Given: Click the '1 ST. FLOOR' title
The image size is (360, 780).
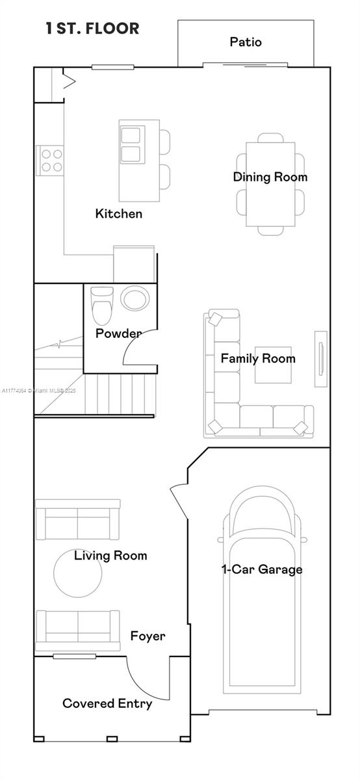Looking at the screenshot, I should tap(92, 29).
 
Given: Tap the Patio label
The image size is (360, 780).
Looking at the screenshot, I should tap(246, 42).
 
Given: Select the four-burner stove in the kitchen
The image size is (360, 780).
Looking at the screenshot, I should tap(52, 160).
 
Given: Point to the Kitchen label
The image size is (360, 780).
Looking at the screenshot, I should tap(119, 214).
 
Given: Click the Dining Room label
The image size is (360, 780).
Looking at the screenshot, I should tap(270, 177).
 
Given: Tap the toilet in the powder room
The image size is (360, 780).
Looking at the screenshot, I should tap(102, 305).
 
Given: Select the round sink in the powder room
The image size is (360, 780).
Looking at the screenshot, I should tap(135, 300).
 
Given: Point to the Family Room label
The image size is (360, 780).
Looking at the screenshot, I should tap(258, 358).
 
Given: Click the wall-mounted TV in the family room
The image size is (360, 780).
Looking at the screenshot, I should tap(320, 354).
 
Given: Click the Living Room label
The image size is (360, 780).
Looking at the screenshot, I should tap(110, 556).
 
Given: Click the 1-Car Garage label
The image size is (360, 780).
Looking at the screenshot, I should tap(262, 569).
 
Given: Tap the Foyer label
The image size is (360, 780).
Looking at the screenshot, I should tap(148, 636).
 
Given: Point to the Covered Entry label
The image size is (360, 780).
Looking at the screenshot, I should tap(107, 703).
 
